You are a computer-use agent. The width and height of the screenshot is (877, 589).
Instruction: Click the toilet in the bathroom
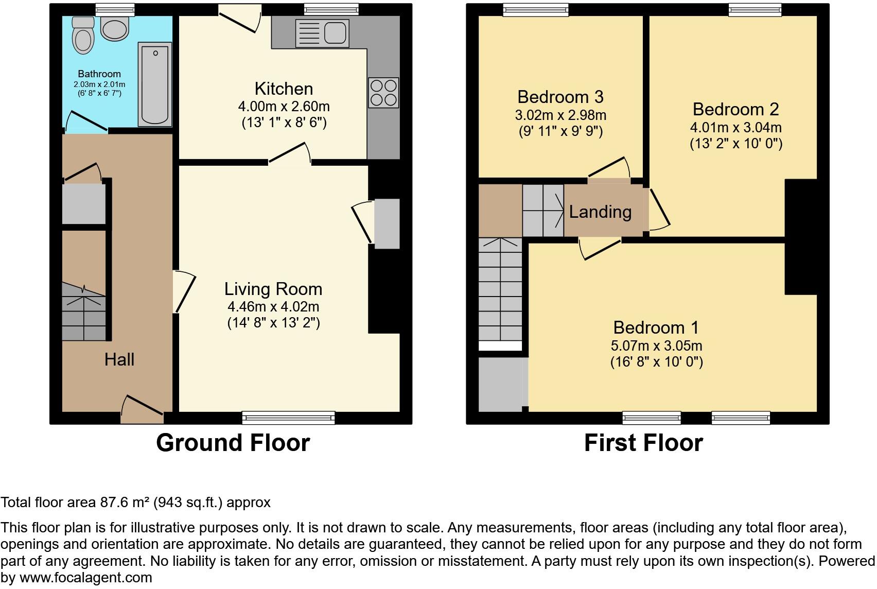[x=82, y=36]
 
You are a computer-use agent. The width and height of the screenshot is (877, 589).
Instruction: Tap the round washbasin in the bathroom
[x=115, y=28]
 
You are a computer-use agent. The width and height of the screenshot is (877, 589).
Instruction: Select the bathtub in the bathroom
[x=155, y=84]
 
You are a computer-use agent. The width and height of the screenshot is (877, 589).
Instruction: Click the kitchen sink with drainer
[x=322, y=33]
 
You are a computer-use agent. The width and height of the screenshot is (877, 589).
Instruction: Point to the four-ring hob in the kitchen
[x=383, y=92]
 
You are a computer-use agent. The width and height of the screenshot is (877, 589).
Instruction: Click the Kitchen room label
[x=284, y=89]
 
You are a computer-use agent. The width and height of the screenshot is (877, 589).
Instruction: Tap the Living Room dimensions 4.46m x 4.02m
[x=273, y=307]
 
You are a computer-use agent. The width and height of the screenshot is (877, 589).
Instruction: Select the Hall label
[x=119, y=359]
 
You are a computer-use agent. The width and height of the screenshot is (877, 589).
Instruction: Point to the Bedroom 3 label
[x=560, y=97]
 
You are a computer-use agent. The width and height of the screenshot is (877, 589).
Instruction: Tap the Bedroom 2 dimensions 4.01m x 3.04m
[x=735, y=127]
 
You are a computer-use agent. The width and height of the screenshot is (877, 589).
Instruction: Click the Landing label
[x=600, y=212]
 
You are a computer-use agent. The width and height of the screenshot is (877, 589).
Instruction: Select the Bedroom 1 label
[x=656, y=327]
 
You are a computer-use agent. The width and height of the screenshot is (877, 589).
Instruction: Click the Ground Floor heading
[x=233, y=443]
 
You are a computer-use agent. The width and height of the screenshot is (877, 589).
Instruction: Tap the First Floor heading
[x=643, y=443]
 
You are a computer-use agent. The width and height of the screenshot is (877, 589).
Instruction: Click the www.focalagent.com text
[x=85, y=578]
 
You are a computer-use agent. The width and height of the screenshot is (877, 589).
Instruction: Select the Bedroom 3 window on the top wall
[x=536, y=10]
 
